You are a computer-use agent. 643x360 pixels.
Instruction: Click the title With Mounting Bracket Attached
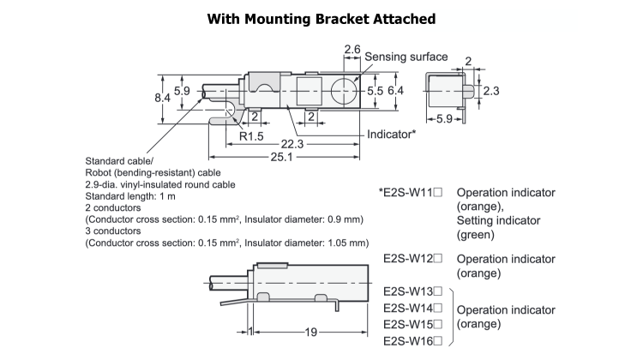pos(321,19)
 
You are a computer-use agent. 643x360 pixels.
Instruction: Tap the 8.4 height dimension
pos(162,99)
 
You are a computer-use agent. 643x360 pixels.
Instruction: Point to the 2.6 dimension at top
pos(352,51)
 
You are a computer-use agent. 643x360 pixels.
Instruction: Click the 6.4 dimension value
pos(395,89)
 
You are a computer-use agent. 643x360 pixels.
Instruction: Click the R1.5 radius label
pos(251,135)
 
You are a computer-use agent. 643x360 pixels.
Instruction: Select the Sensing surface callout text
pos(406,57)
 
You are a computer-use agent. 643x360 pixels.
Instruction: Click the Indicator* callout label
pos(391,135)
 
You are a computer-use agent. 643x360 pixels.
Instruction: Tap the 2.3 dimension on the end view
pos(490,90)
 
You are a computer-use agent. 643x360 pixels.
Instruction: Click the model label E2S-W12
pos(412,258)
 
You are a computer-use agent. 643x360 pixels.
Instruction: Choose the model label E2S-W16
pos(412,341)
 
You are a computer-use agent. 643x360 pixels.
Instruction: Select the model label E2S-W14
pos(412,308)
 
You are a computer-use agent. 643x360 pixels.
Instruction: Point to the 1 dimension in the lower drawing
pos(249,332)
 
